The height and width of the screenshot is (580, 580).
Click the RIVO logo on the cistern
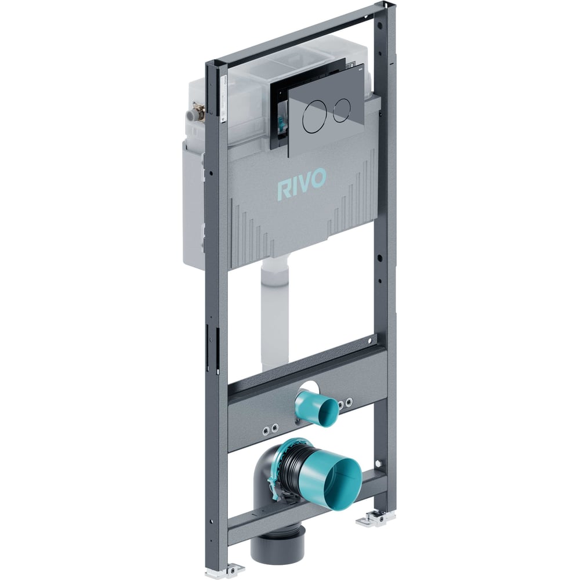[302, 183]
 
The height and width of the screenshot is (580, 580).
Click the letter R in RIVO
[282, 190]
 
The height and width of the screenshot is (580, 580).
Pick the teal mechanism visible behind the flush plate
[283, 123]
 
